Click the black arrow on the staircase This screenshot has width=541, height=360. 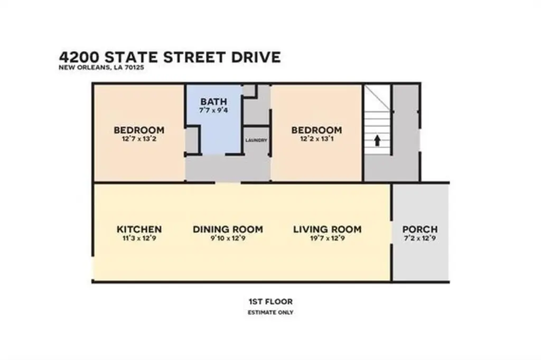(377, 141)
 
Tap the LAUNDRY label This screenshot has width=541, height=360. (256, 141)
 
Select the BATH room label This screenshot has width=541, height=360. (213, 102)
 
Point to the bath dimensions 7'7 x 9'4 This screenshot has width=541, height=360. (213, 110)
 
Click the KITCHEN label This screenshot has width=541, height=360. (139, 229)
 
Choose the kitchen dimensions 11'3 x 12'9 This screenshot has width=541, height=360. (139, 238)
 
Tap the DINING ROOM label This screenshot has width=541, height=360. (228, 229)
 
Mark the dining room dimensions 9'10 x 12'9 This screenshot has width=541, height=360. (228, 238)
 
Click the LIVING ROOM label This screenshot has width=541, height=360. (327, 229)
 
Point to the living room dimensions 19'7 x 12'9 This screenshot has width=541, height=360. (327, 238)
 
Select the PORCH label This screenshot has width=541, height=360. (420, 229)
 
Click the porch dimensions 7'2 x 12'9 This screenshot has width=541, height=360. (420, 238)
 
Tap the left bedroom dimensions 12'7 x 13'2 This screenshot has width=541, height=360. (139, 139)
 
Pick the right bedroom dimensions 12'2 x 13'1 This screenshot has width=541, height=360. (316, 139)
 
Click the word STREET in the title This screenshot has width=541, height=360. (195, 57)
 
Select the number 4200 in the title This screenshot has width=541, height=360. (80, 57)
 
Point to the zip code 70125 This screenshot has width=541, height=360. (134, 68)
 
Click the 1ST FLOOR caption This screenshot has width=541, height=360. (270, 302)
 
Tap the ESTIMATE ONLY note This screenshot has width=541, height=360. (270, 312)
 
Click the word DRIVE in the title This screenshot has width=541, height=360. (256, 57)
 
